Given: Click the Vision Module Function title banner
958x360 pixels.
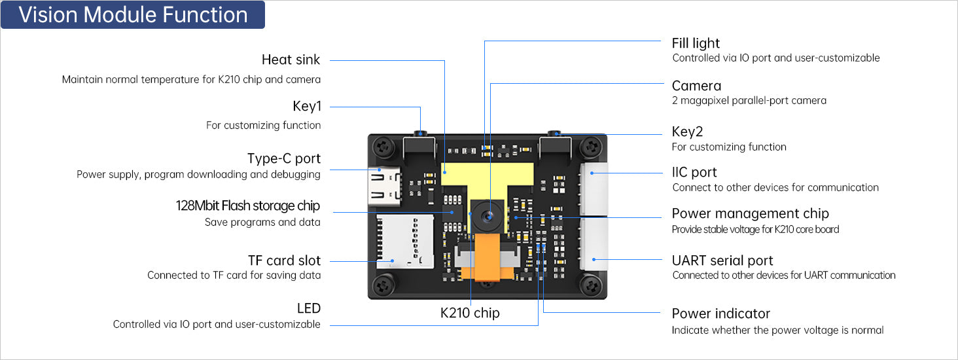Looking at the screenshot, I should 133,15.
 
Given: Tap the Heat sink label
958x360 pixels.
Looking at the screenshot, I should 291,60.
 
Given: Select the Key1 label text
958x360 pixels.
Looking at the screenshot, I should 306,107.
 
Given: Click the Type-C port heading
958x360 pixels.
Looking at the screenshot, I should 283,158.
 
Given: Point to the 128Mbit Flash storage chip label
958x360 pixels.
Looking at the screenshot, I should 247,206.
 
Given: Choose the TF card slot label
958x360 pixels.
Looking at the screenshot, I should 284,261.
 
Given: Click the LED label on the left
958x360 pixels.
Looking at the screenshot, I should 308,308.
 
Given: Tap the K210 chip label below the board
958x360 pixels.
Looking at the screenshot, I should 469,313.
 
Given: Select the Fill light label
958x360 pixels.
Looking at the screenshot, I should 696,43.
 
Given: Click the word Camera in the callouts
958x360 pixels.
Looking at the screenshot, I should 696,86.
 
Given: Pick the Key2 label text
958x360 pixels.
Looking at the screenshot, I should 687,132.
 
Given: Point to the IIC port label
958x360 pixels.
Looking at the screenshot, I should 694,172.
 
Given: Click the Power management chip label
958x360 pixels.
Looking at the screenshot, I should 750,213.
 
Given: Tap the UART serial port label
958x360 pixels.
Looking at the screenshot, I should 722,261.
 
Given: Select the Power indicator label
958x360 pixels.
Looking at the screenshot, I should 720,314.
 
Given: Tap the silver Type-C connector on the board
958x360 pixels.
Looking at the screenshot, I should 381,185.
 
